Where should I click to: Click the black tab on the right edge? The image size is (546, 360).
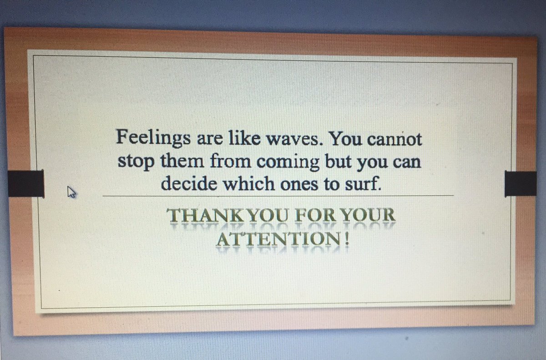click(x=521, y=184)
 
